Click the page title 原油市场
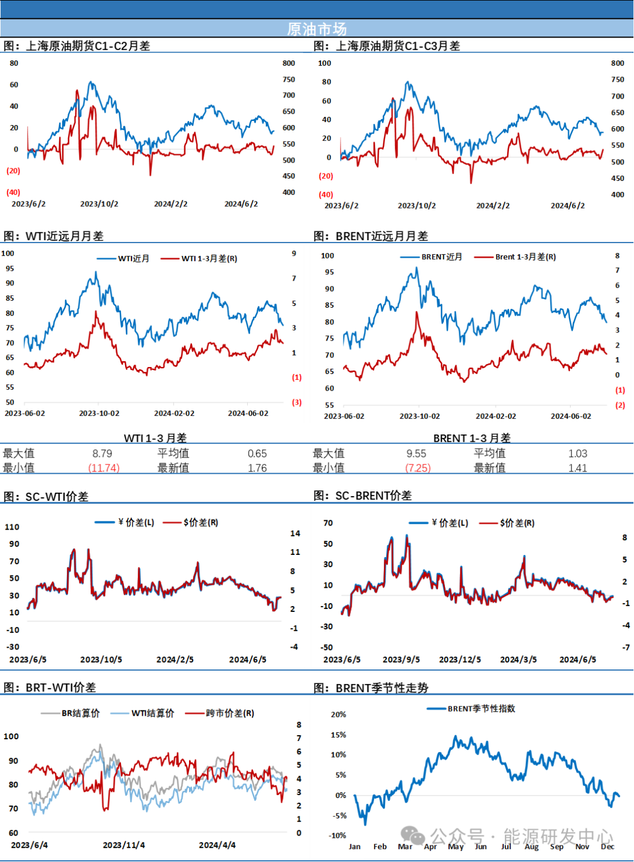[317, 29]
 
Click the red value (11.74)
[104, 468]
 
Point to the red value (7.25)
[419, 468]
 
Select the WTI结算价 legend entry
[143, 713]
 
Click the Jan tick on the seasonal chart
[355, 846]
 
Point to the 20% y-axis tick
[338, 715]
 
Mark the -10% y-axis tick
[338, 836]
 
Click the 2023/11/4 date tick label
[124, 845]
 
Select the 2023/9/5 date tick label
[401, 659]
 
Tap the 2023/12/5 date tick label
[460, 659]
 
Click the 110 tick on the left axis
[12, 527]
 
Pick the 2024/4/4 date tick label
[217, 845]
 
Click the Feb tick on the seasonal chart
[380, 846]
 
